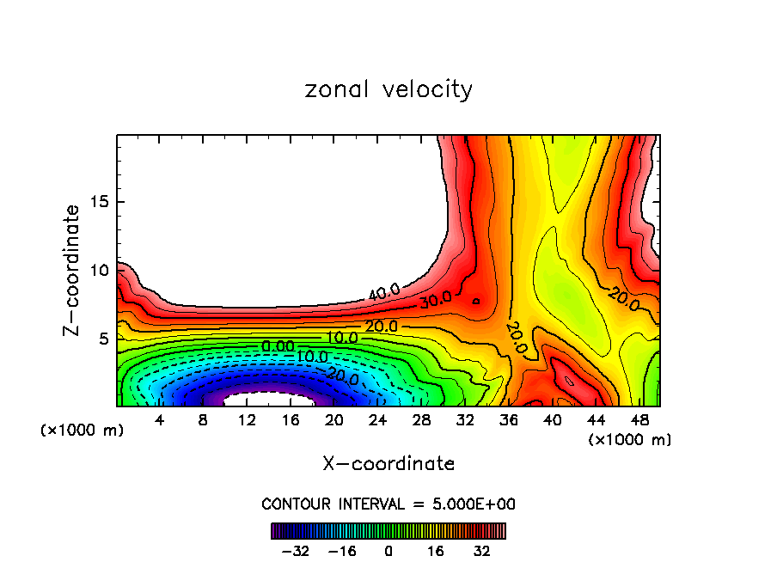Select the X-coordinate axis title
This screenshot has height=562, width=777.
tap(388, 464)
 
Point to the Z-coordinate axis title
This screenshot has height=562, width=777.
tap(74, 270)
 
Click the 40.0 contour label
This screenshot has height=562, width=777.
tap(384, 293)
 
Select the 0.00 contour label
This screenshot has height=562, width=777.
tap(278, 345)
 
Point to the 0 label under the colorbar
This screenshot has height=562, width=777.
tap(388, 550)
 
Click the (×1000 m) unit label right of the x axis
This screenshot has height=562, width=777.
tap(630, 440)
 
